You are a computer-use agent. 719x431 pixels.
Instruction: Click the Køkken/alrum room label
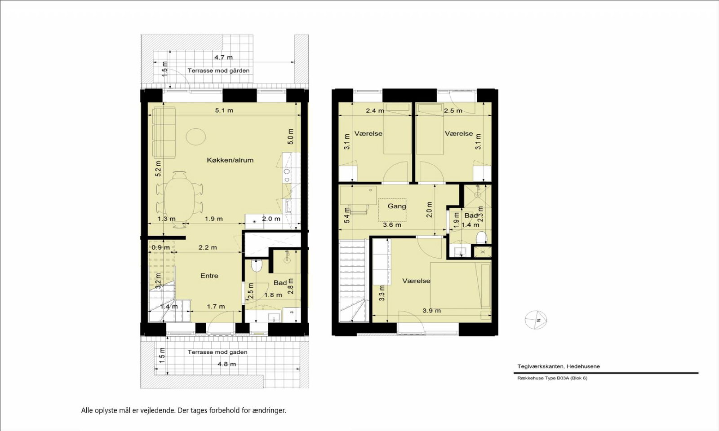pos(230,160)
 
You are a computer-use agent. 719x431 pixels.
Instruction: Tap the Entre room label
pos(209,276)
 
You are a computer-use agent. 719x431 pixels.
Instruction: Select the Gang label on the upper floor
pos(397,206)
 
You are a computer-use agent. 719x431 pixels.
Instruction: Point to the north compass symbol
pos(536,320)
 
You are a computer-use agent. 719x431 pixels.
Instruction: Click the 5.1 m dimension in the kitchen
pos(224,110)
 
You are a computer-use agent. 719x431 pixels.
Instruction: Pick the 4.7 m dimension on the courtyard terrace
pos(223,57)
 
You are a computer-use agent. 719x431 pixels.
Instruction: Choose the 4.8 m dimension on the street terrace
pos(226,364)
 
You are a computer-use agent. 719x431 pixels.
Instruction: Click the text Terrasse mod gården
pos(218,70)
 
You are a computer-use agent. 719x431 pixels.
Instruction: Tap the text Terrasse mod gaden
pos(217,352)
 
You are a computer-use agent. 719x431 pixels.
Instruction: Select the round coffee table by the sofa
pos(196,136)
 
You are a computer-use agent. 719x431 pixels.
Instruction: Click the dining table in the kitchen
pos(179,199)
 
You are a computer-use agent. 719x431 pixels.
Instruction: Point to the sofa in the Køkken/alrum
pos(164,132)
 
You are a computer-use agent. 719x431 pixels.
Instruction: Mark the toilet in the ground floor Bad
pos(257,265)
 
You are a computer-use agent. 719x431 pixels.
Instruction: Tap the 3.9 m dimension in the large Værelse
pos(431,310)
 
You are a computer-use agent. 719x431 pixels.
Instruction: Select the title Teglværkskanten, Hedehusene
pos(559,366)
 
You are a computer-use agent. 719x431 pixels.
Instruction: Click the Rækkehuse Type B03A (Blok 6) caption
pos(552,378)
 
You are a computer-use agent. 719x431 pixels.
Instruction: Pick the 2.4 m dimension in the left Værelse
pos(375,110)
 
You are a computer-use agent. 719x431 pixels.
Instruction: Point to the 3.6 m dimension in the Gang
pos(392,225)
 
